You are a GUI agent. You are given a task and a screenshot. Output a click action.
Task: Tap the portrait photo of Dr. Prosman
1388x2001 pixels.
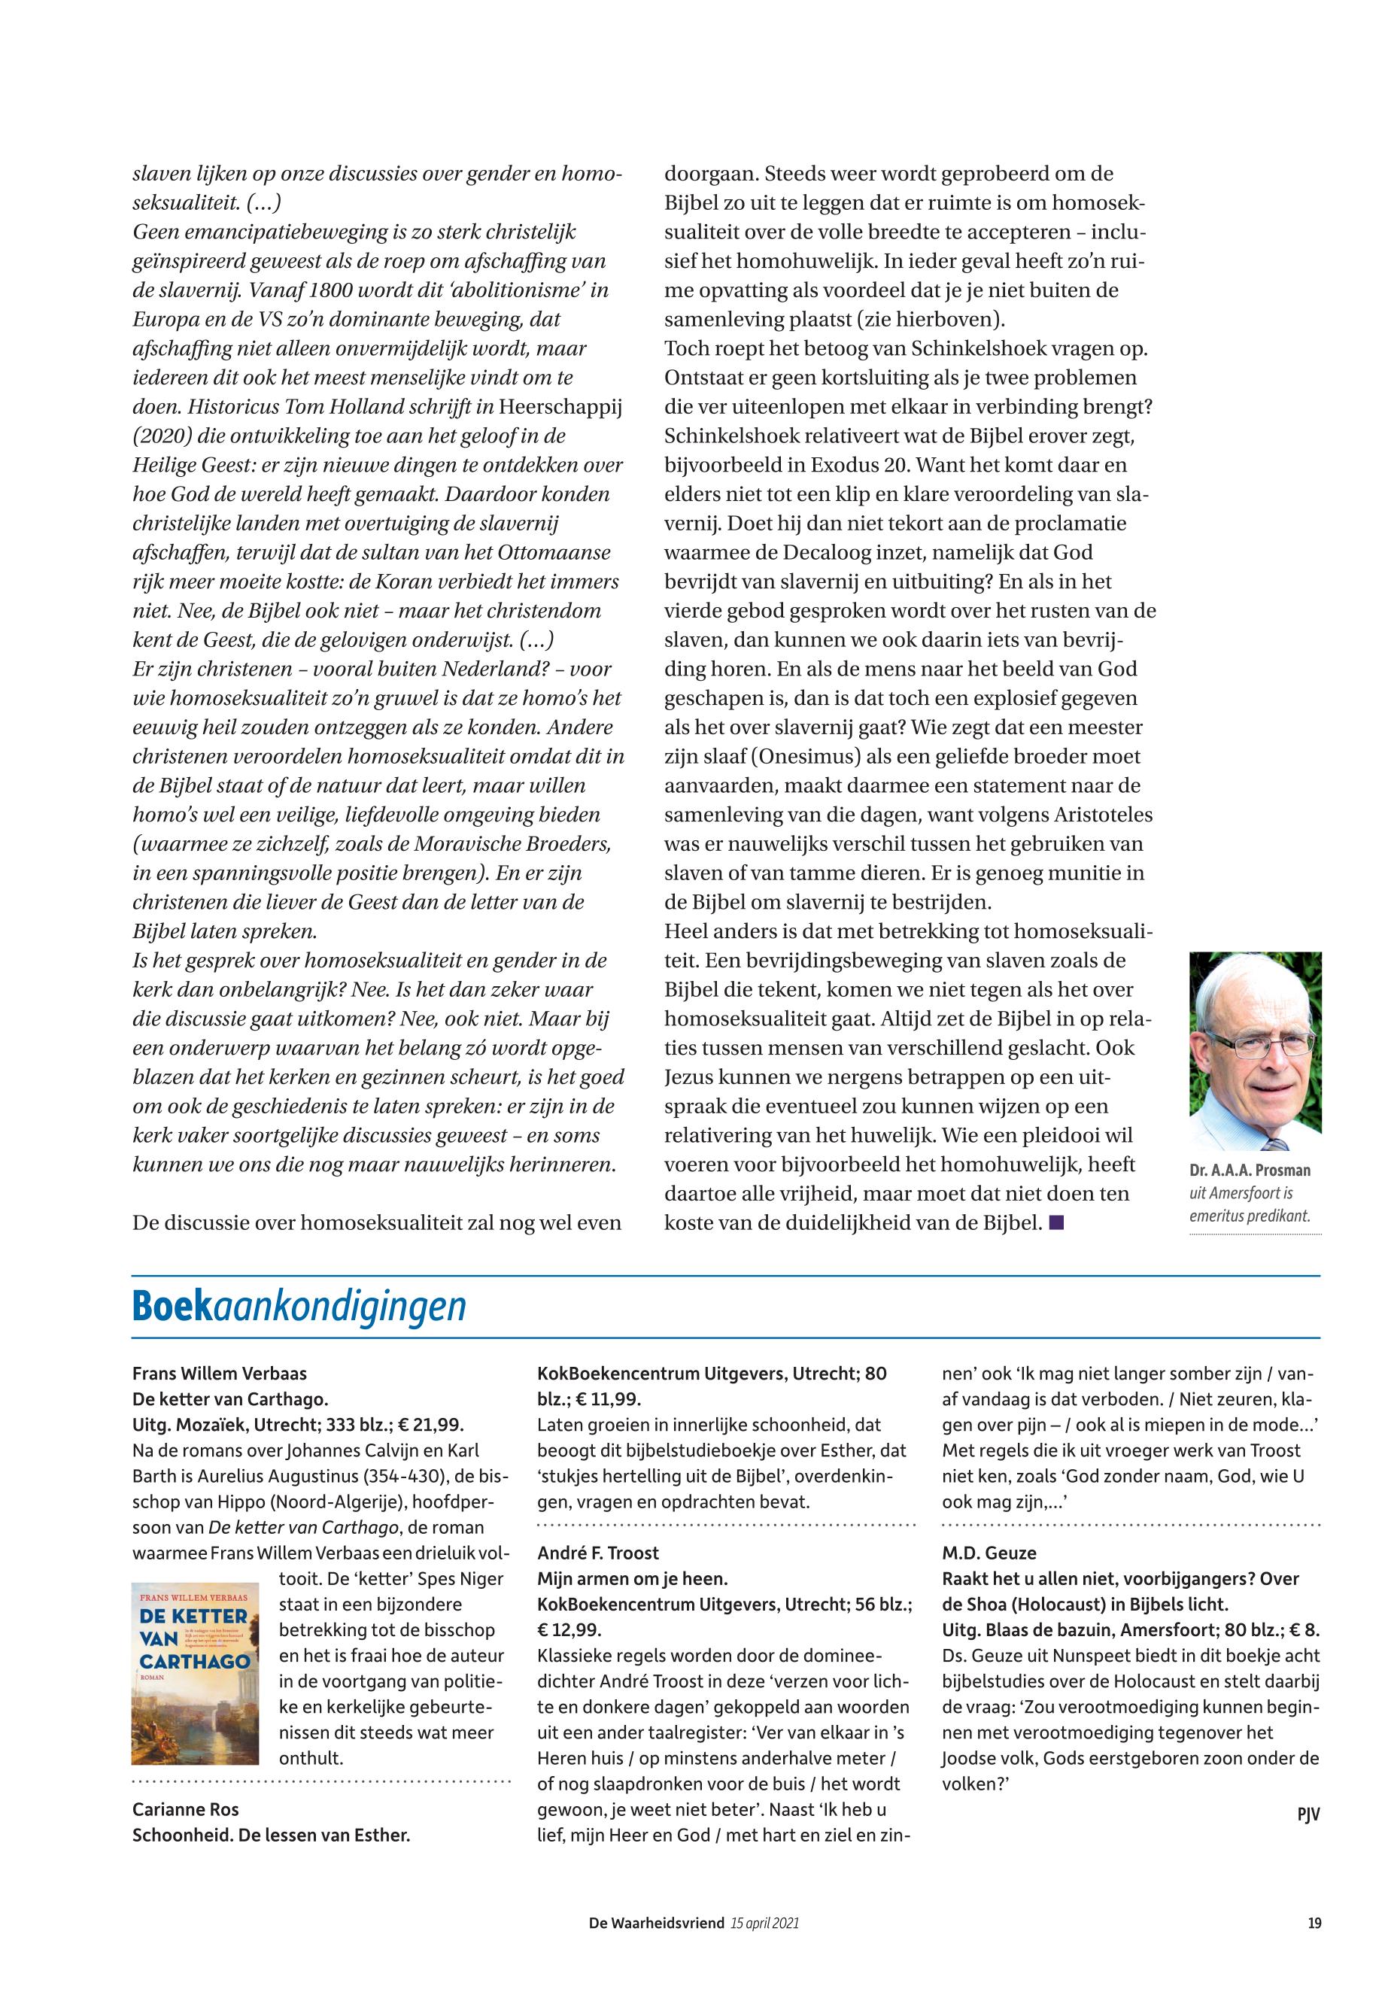[x=1255, y=1052]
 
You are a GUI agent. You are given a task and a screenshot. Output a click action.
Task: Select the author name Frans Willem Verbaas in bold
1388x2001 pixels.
[x=219, y=1374]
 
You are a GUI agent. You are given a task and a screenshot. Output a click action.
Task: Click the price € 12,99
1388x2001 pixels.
[x=569, y=1629]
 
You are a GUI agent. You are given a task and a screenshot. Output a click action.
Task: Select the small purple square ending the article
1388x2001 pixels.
[x=1057, y=1222]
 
